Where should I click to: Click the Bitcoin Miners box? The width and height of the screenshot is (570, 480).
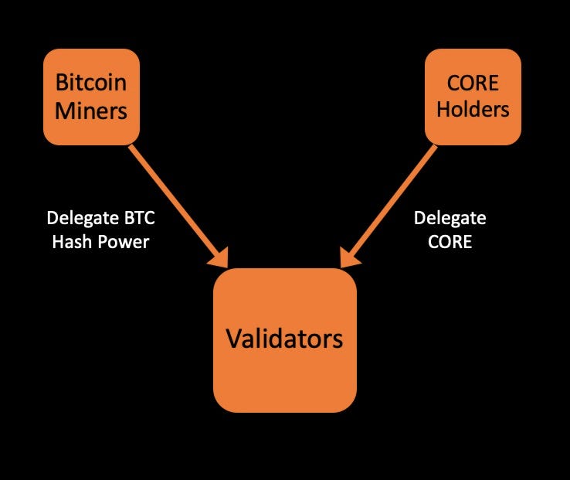click(x=91, y=97)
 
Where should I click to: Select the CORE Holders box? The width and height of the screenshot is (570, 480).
click(x=473, y=97)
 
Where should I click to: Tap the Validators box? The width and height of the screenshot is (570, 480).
click(x=284, y=340)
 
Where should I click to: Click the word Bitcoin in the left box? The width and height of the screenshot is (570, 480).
click(x=91, y=82)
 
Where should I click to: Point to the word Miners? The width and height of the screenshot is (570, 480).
click(x=91, y=111)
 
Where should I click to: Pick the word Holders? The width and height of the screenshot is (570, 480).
click(x=473, y=109)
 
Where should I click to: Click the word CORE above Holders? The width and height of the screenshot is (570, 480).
click(x=473, y=82)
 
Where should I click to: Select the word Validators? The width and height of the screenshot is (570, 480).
click(x=284, y=339)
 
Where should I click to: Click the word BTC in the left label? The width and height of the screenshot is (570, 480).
click(x=139, y=218)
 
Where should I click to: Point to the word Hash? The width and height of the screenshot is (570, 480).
click(x=71, y=242)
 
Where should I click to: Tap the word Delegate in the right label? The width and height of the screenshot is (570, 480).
click(x=450, y=218)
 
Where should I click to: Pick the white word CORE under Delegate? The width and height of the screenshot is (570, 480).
click(x=450, y=241)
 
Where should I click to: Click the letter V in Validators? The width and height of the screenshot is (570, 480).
click(x=232, y=339)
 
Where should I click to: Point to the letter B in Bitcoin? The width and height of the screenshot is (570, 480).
click(x=60, y=82)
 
